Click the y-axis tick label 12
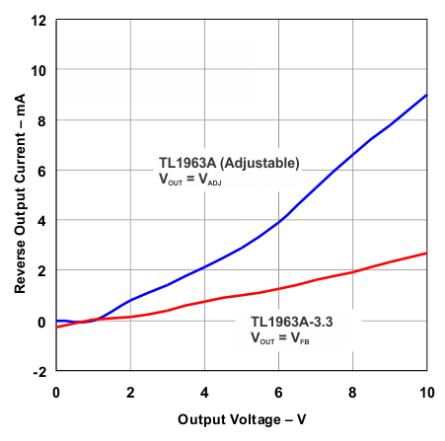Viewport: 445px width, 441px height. [39, 20]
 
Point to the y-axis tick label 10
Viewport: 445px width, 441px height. [39, 70]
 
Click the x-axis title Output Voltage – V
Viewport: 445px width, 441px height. [242, 419]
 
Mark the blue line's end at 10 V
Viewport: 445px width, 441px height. [427, 95]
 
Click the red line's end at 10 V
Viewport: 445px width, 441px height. [427, 254]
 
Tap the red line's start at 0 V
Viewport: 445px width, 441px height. [56, 327]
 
